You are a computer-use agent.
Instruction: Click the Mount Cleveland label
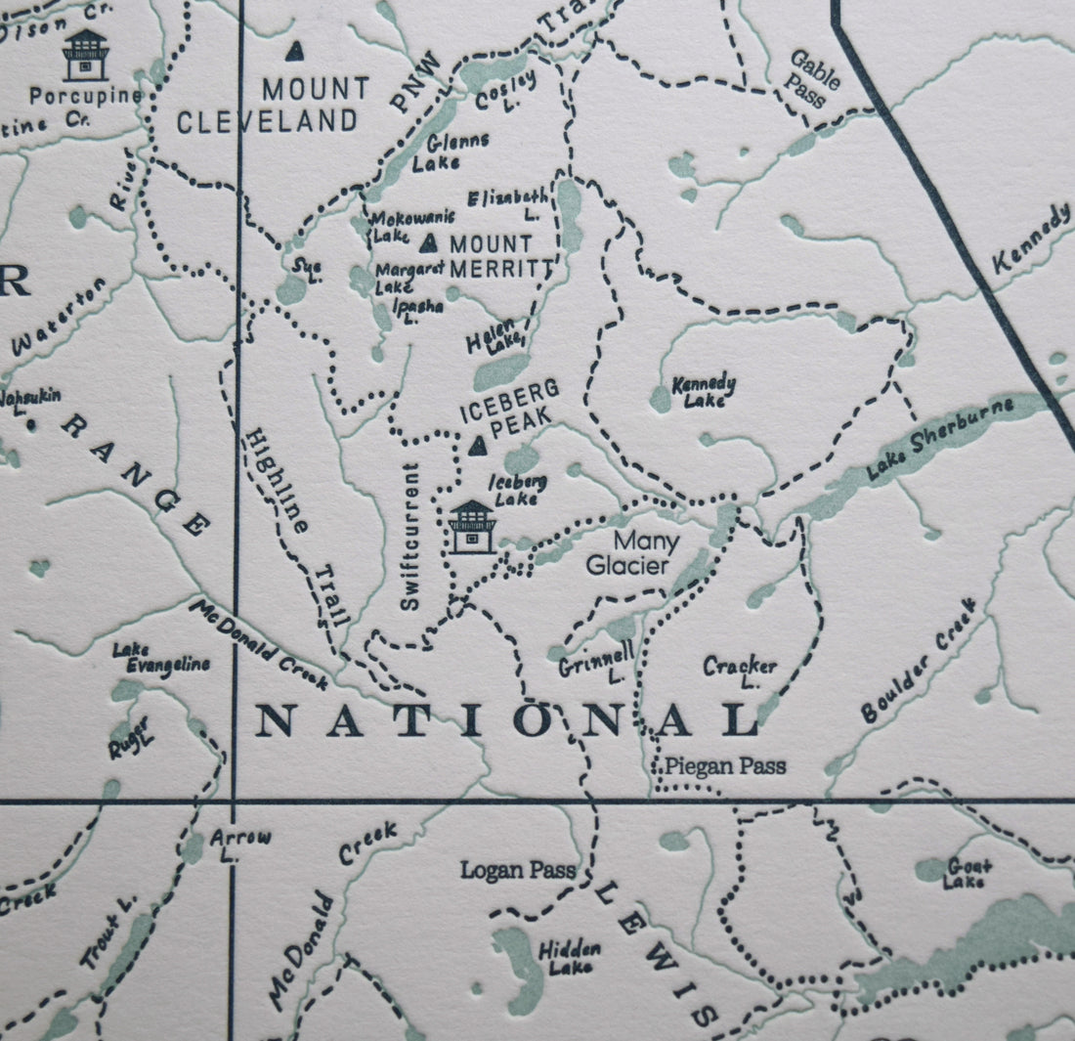(267, 105)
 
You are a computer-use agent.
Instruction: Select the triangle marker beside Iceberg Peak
(478, 447)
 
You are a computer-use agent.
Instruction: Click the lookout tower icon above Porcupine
(85, 55)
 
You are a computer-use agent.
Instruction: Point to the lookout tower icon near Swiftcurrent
(472, 527)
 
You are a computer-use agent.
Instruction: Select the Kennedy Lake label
(704, 391)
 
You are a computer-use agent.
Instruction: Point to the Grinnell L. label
(597, 661)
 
